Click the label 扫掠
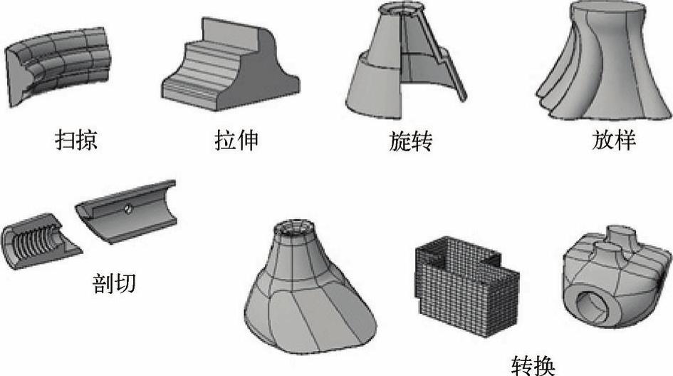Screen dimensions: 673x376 tap(75, 140)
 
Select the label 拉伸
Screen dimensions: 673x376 tap(234, 140)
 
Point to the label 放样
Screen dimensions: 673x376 tap(613, 140)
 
